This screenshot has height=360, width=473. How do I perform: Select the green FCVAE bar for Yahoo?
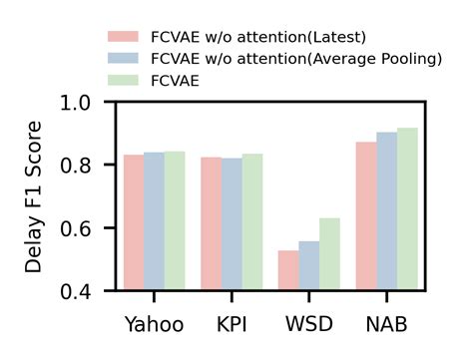[x=176, y=221]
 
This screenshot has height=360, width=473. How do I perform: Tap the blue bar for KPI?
[x=232, y=224]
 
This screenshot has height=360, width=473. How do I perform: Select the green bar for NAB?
[x=408, y=209]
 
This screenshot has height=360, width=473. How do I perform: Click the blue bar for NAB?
[x=387, y=211]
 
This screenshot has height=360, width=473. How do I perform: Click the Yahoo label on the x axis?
[x=154, y=325]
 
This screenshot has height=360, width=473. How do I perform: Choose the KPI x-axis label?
[x=232, y=325]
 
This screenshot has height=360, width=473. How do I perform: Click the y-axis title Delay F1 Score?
[x=35, y=196]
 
